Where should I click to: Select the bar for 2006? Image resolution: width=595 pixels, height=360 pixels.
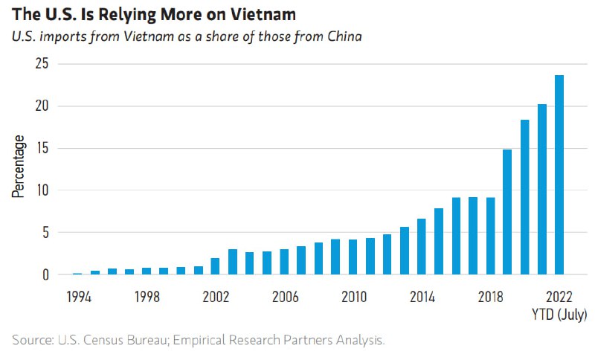pos(284,262)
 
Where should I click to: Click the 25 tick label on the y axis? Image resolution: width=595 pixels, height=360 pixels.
pos(42,64)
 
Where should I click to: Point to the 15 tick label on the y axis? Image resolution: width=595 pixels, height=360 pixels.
pos(42,148)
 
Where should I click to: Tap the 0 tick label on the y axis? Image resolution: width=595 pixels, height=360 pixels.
pos(45,274)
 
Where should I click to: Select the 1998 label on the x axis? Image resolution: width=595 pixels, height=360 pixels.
pos(147,296)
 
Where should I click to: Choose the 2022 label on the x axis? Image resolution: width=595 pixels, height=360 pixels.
pos(559,296)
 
